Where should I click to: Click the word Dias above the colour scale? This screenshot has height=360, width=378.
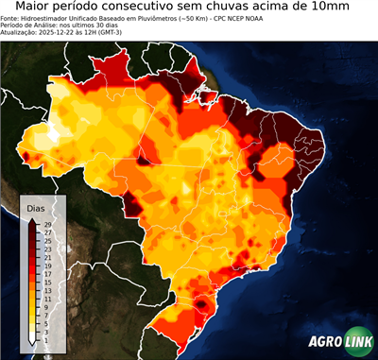35,208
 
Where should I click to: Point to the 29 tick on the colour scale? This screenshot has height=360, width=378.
47,225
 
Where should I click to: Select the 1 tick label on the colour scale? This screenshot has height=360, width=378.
46,339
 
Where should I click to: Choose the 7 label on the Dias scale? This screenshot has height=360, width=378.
46,315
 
